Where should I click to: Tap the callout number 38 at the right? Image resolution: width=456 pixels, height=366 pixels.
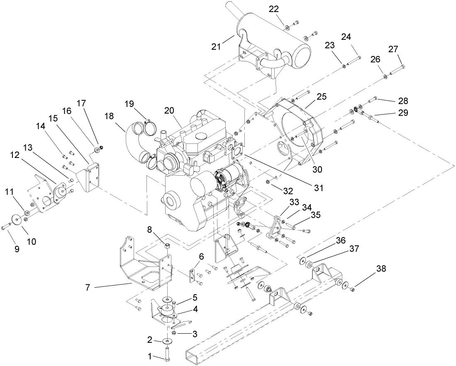(381, 269)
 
